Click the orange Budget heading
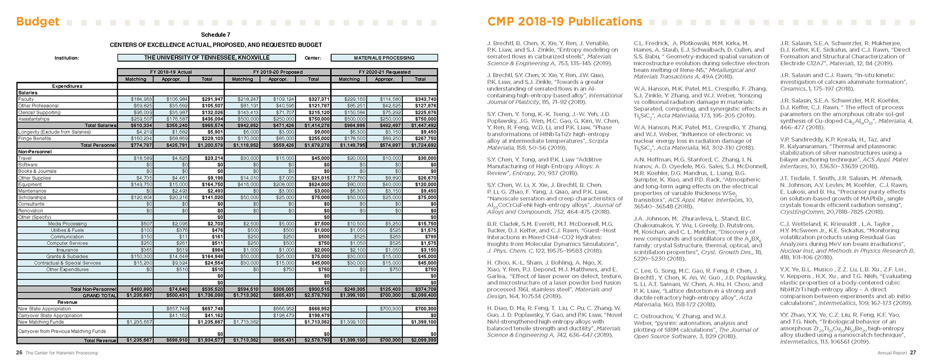point(37,22)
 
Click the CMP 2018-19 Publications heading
point(565,22)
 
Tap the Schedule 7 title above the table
point(216,35)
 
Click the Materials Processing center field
point(384,58)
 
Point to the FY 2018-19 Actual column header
point(171,72)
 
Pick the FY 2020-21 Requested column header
point(384,72)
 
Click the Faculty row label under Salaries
point(26,99)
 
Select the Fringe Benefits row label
point(34,138)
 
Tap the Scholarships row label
point(32,197)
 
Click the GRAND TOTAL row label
point(100,295)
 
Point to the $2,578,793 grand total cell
point(314,295)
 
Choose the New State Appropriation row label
point(45,309)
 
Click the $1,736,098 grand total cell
point(207,295)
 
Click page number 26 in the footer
point(19,353)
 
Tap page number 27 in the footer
point(913,353)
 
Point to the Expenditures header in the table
point(67,86)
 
